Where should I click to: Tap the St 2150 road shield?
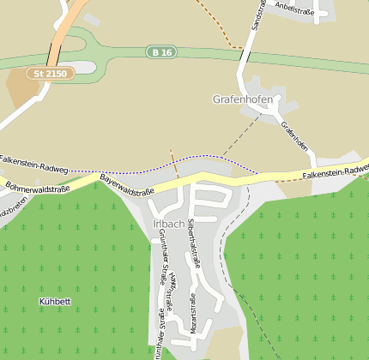click(51, 75)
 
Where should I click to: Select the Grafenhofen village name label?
click(243, 99)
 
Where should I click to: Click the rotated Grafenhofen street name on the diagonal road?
click(294, 135)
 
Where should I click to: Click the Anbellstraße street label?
click(294, 5)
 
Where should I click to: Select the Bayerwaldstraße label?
click(126, 183)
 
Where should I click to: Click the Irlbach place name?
click(168, 224)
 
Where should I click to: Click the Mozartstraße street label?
click(192, 313)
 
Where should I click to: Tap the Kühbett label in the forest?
click(56, 302)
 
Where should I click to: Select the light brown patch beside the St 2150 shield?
click(22, 87)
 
